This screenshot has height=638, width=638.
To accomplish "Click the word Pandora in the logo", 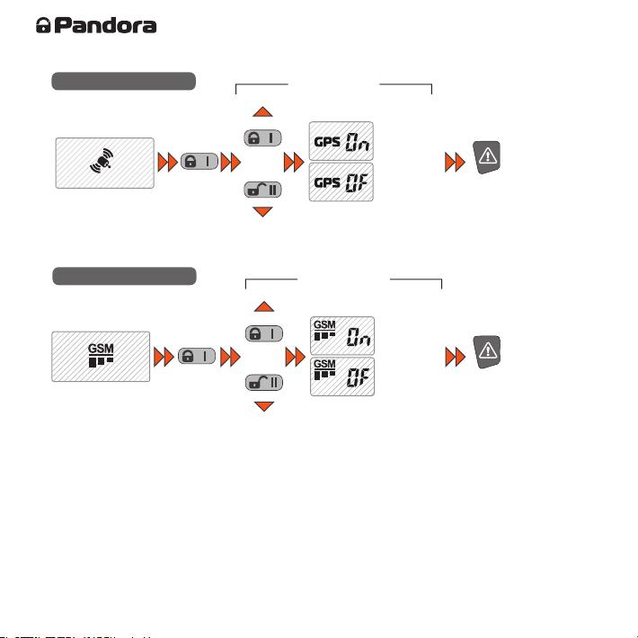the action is (105, 25).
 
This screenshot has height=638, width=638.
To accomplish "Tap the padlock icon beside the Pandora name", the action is (43, 25).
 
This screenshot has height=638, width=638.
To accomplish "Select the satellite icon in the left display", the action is (102, 161).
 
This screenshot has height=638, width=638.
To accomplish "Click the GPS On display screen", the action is (341, 141).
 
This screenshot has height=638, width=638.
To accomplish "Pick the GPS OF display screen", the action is (341, 182).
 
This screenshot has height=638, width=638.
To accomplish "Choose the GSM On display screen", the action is (342, 336).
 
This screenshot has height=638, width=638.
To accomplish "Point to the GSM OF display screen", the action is (342, 377).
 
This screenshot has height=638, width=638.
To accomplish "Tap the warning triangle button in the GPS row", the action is (487, 157).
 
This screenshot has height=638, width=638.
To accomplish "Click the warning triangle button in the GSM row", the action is (487, 352).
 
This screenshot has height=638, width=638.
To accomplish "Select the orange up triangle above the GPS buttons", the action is (262, 112).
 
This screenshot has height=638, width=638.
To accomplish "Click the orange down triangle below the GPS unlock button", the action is (262, 211).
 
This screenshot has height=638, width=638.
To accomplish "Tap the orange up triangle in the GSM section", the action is (264, 306).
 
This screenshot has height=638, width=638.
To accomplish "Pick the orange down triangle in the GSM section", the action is (264, 405).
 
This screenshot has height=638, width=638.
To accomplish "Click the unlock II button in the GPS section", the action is (262, 190).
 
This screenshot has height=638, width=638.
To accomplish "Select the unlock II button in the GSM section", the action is (264, 383).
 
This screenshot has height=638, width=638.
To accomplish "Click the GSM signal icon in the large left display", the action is (101, 355).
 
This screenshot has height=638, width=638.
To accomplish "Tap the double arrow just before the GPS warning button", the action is (455, 162).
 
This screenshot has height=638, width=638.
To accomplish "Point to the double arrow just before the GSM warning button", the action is (456, 357).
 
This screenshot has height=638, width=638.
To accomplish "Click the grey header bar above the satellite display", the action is (124, 81).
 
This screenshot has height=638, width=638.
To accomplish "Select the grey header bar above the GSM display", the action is (125, 276).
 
